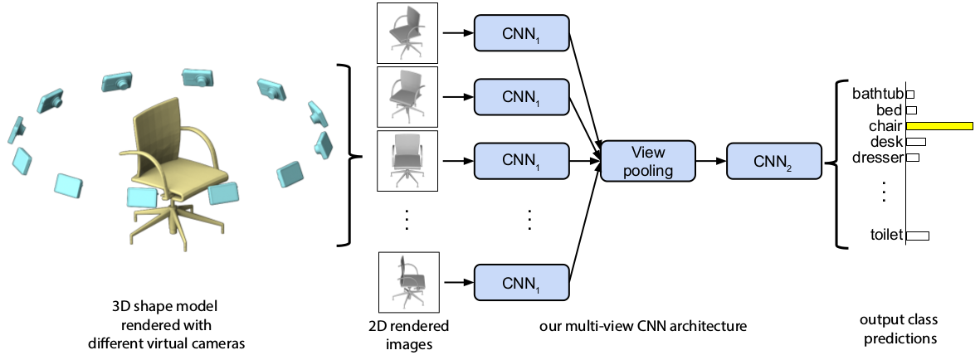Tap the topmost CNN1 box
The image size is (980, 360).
point(521,33)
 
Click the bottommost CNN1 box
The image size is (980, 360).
point(521,284)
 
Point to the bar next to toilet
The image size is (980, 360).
point(917,236)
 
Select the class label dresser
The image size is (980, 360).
point(877,158)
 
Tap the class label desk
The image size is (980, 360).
point(886,142)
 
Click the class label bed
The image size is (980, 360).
point(889,109)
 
